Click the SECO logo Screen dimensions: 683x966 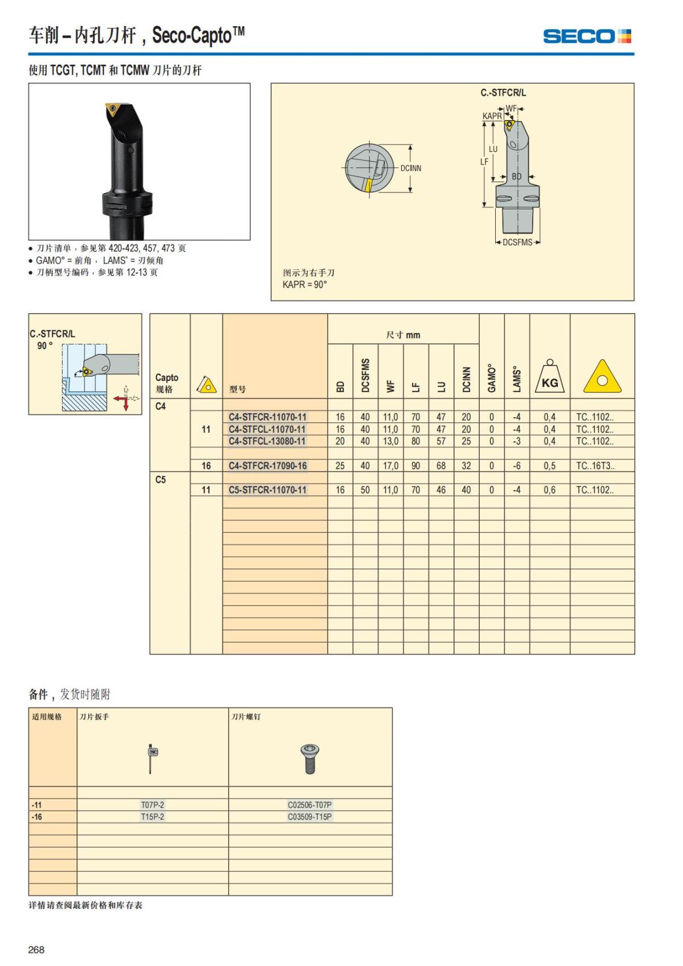click(x=587, y=36)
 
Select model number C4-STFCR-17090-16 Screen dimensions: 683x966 click(x=268, y=466)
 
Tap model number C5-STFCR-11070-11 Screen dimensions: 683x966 click(x=268, y=490)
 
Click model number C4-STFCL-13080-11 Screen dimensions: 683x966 click(x=268, y=441)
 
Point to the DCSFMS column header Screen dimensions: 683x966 click(x=365, y=375)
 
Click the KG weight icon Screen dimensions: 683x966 click(x=549, y=376)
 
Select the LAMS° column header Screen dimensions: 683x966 click(x=517, y=380)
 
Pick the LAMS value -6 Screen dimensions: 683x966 click(x=517, y=466)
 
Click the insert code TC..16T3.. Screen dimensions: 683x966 click(x=595, y=466)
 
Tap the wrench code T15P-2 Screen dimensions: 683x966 click(x=153, y=817)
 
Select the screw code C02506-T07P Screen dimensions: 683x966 click(x=310, y=805)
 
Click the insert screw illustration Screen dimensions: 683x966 click(x=310, y=759)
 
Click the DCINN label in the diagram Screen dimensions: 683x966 click(x=410, y=168)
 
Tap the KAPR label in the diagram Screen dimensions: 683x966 click(x=492, y=116)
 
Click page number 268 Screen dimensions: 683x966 click(x=36, y=949)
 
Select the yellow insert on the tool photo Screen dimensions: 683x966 click(x=113, y=109)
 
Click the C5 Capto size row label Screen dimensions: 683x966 click(x=161, y=479)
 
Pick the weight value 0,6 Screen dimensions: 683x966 click(x=549, y=490)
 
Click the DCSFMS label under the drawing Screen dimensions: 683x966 click(x=517, y=242)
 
